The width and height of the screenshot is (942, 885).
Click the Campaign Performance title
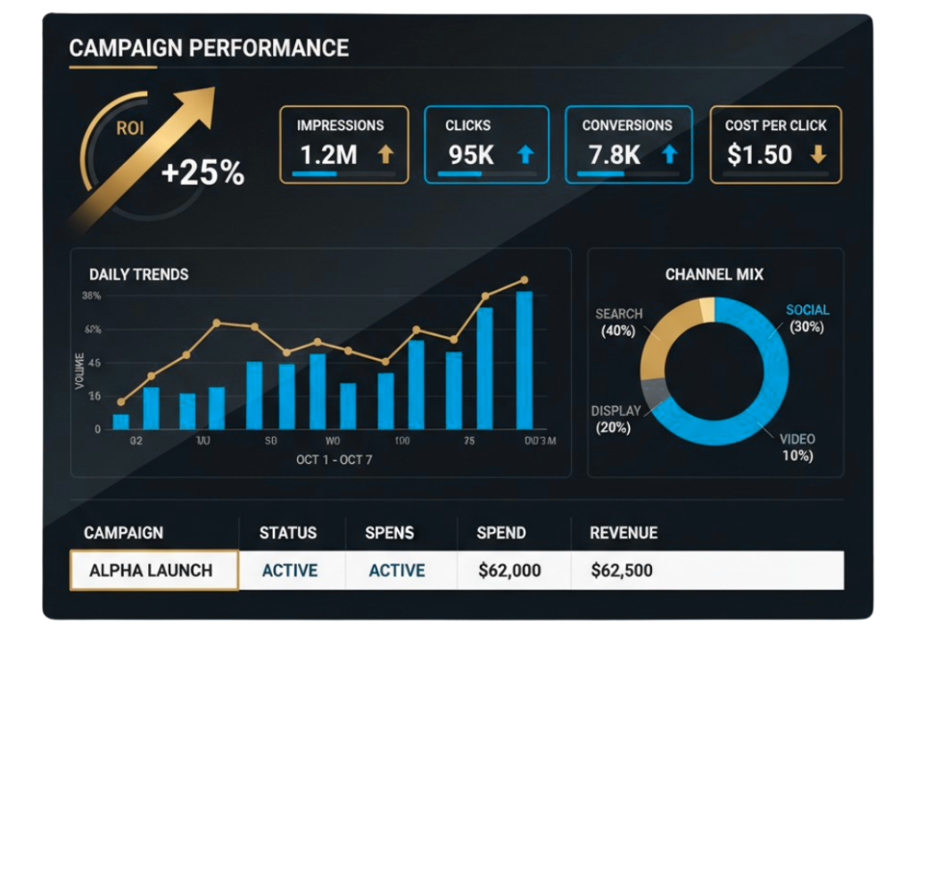[x=209, y=48]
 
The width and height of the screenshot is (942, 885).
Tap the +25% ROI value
[x=202, y=172]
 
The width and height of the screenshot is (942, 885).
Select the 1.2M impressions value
[x=328, y=155]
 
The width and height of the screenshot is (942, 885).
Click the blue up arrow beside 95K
[x=525, y=155]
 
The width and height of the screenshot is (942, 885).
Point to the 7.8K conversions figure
[x=614, y=155]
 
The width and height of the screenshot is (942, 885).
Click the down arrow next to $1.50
[x=817, y=155]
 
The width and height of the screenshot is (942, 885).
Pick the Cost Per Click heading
[x=775, y=126]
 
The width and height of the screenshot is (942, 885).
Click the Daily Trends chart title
[x=139, y=275]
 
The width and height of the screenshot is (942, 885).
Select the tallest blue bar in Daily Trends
[x=525, y=360]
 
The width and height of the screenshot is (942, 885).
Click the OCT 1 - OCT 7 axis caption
[x=335, y=460]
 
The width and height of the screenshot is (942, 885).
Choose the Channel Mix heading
[x=715, y=275]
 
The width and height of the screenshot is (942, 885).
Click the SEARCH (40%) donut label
[x=618, y=322]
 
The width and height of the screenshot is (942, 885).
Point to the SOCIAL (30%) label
[x=806, y=318]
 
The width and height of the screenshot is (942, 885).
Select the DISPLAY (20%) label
[x=616, y=419]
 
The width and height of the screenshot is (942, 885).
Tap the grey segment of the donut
[x=654, y=390]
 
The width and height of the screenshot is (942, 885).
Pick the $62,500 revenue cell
[x=622, y=571]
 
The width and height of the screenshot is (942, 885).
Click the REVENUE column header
[x=624, y=533]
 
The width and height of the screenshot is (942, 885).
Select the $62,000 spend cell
[x=509, y=571]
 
